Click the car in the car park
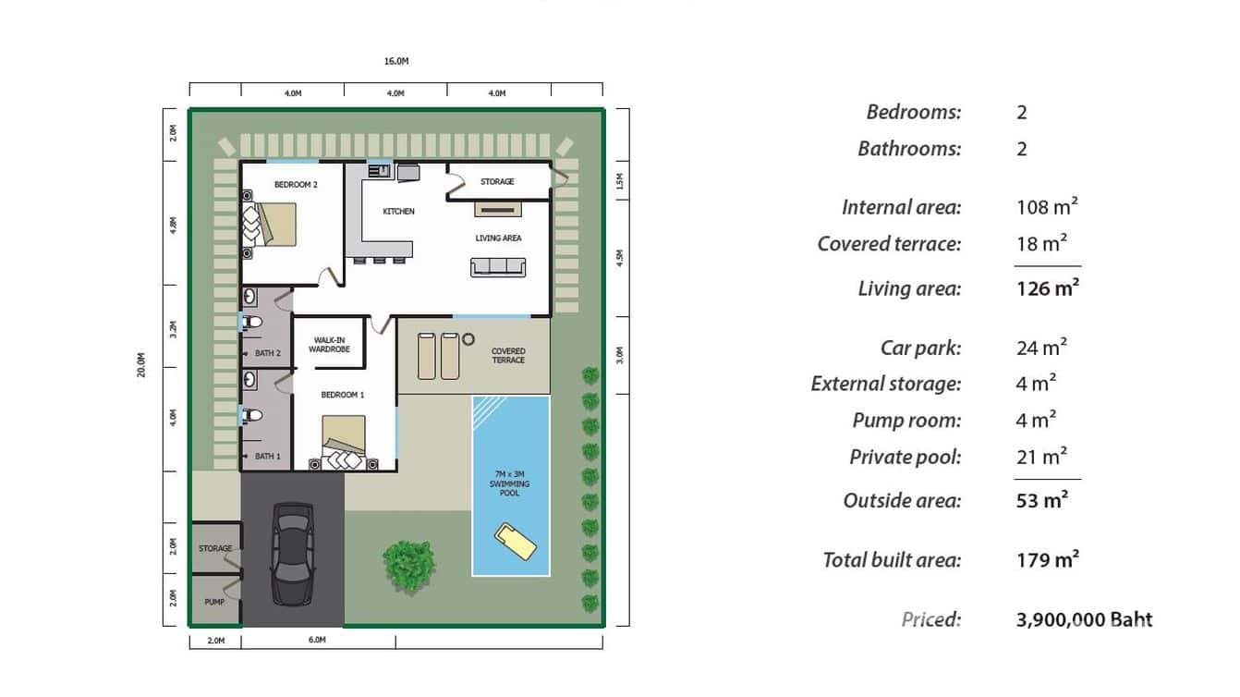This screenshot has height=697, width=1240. pos(292,554)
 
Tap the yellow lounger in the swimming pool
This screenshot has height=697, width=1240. pos(515,542)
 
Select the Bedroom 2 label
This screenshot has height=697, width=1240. pos(296,185)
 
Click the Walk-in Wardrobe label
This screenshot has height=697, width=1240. pos(329,345)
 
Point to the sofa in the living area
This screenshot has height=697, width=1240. pos(498,267)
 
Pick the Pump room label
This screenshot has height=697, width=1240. pos(214,602)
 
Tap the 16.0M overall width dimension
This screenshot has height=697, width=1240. pos(396,61)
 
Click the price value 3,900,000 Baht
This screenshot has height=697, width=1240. pos(1084,620)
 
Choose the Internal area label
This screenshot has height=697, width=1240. pos(901,208)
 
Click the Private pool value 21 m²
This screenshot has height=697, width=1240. pos(1041,457)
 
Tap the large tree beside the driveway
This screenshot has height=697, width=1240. pos(407,565)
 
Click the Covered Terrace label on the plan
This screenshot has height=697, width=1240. pos(508,356)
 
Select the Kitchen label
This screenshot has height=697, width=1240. pos(399,212)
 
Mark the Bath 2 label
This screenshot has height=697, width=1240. pos(267,353)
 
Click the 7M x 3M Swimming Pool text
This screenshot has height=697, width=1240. pos(509,484)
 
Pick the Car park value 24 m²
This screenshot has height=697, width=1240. pos(1041,348)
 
